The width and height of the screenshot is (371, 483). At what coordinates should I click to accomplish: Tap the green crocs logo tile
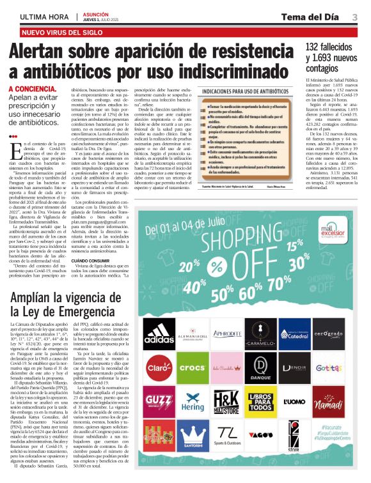[x=192, y=367]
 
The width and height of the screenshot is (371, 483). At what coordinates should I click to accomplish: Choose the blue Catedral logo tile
[x=295, y=333]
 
